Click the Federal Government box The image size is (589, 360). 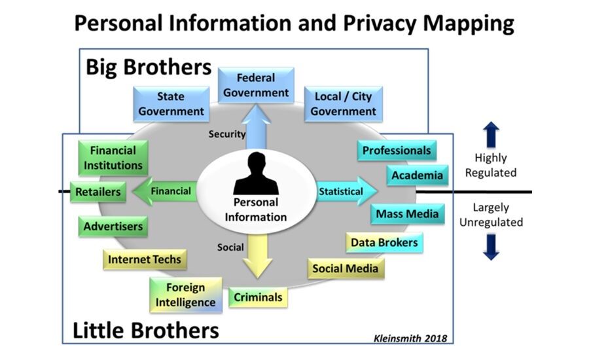(256, 85)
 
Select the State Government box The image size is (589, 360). (171, 104)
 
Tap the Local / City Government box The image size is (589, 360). (343, 104)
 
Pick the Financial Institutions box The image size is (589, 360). (113, 158)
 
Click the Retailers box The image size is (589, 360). (98, 192)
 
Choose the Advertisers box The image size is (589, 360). (113, 227)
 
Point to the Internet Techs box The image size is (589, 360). (144, 259)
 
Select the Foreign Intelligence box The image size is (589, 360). (185, 295)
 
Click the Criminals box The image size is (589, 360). (259, 297)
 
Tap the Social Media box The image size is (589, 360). (345, 268)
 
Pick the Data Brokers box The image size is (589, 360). (384, 242)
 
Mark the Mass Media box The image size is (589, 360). (406, 214)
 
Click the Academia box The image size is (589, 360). (417, 175)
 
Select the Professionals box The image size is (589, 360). (397, 151)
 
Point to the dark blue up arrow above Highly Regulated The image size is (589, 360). (491, 134)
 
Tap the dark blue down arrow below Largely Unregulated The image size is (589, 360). (491, 247)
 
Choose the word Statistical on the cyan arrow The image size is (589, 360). (340, 192)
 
